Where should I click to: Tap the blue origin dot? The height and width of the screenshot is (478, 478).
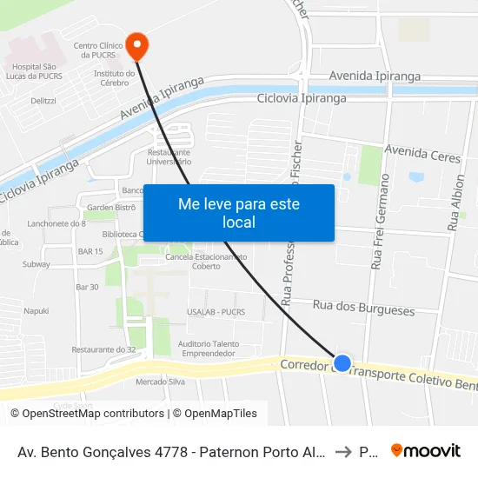pyautogui.click(x=342, y=363)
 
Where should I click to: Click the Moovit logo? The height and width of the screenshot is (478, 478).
pyautogui.click(x=426, y=450)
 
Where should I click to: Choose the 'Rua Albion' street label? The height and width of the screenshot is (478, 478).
pyautogui.click(x=455, y=202)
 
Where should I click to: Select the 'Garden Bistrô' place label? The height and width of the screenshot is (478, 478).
pyautogui.click(x=110, y=208)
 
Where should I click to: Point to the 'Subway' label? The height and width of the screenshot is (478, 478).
pyautogui.click(x=37, y=263)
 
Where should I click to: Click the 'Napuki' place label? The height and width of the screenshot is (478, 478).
pyautogui.click(x=37, y=310)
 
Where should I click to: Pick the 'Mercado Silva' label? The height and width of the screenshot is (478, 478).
pyautogui.click(x=161, y=382)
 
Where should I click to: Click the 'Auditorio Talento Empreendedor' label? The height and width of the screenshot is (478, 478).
pyautogui.click(x=208, y=349)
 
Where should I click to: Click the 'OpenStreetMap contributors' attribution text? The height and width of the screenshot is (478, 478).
pyautogui.click(x=93, y=414)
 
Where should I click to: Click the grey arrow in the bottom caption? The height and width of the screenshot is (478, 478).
pyautogui.click(x=342, y=451)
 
